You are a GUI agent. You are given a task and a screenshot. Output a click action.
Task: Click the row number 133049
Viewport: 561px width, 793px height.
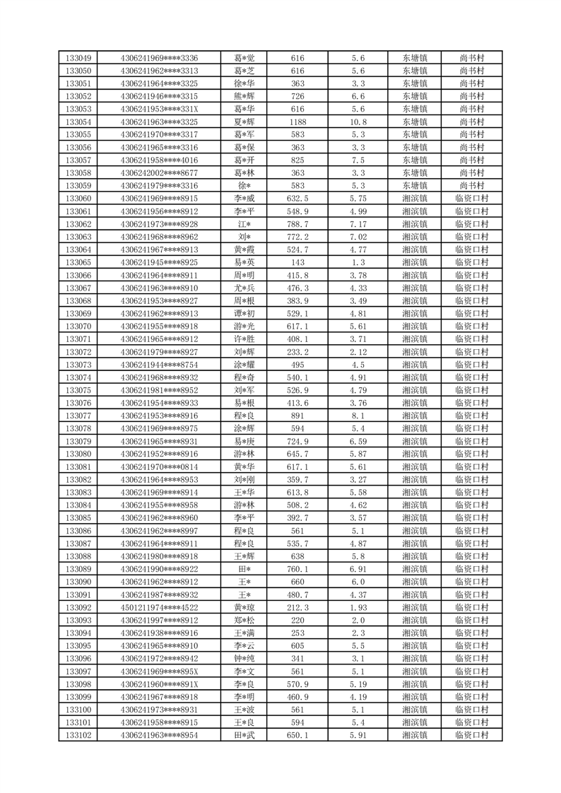78,58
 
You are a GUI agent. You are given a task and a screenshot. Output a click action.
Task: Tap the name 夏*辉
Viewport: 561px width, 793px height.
244,122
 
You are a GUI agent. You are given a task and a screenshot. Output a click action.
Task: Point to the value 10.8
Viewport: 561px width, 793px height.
358,122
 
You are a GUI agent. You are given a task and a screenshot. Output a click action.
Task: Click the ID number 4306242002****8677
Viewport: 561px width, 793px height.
159,172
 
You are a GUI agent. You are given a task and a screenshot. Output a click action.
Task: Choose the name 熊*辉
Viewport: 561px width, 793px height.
244,96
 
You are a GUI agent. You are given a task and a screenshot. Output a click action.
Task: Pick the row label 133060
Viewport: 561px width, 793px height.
78,199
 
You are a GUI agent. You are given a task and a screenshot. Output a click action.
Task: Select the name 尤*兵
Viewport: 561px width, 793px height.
244,288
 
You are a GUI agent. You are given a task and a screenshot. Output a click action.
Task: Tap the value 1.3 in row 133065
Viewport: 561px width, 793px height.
358,262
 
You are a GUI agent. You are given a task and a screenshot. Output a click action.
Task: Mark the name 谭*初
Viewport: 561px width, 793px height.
244,313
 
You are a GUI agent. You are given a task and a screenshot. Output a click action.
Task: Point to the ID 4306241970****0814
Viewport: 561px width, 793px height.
159,466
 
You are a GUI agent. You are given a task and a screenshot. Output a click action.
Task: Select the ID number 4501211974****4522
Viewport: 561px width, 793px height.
159,607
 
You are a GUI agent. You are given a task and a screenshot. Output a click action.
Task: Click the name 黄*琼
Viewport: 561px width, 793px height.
244,607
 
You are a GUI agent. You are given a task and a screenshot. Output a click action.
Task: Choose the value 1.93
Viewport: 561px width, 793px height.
358,607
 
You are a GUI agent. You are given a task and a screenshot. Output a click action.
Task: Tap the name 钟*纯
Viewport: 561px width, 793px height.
244,658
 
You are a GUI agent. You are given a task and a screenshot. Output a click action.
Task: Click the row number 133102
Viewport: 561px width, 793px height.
78,735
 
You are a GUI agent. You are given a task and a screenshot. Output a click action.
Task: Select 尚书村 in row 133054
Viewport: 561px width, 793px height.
471,122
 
